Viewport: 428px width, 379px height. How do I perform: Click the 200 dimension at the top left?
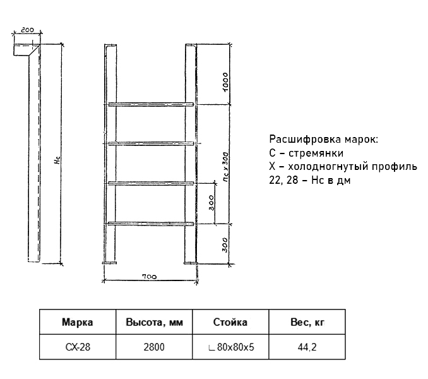pos(27,30)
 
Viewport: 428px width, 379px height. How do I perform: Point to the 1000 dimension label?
pos(225,82)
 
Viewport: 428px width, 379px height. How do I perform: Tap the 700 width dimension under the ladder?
pos(150,277)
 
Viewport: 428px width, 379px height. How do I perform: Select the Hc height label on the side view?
pos(57,160)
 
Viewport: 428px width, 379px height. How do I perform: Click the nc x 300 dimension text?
pos(225,167)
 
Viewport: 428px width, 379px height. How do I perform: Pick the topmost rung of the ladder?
pos(151,104)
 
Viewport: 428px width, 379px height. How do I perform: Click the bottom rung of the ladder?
pos(151,224)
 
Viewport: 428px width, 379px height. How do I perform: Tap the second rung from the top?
pos(151,143)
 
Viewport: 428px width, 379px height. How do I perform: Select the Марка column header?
pos(78,322)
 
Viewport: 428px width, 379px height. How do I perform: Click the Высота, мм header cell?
pos(154,323)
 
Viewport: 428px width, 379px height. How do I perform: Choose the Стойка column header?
pos(230,322)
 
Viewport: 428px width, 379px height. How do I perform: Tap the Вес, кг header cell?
pos(307,323)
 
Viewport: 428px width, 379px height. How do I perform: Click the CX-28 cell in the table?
pos(78,347)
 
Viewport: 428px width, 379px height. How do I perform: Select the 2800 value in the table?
pos(154,347)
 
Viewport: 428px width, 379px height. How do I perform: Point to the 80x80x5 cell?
pos(231,347)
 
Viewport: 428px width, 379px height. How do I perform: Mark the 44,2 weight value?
pos(307,347)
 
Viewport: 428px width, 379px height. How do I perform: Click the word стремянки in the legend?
pos(316,153)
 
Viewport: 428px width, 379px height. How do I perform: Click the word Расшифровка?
pos(305,139)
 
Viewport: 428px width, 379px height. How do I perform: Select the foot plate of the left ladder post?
pos(109,263)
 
